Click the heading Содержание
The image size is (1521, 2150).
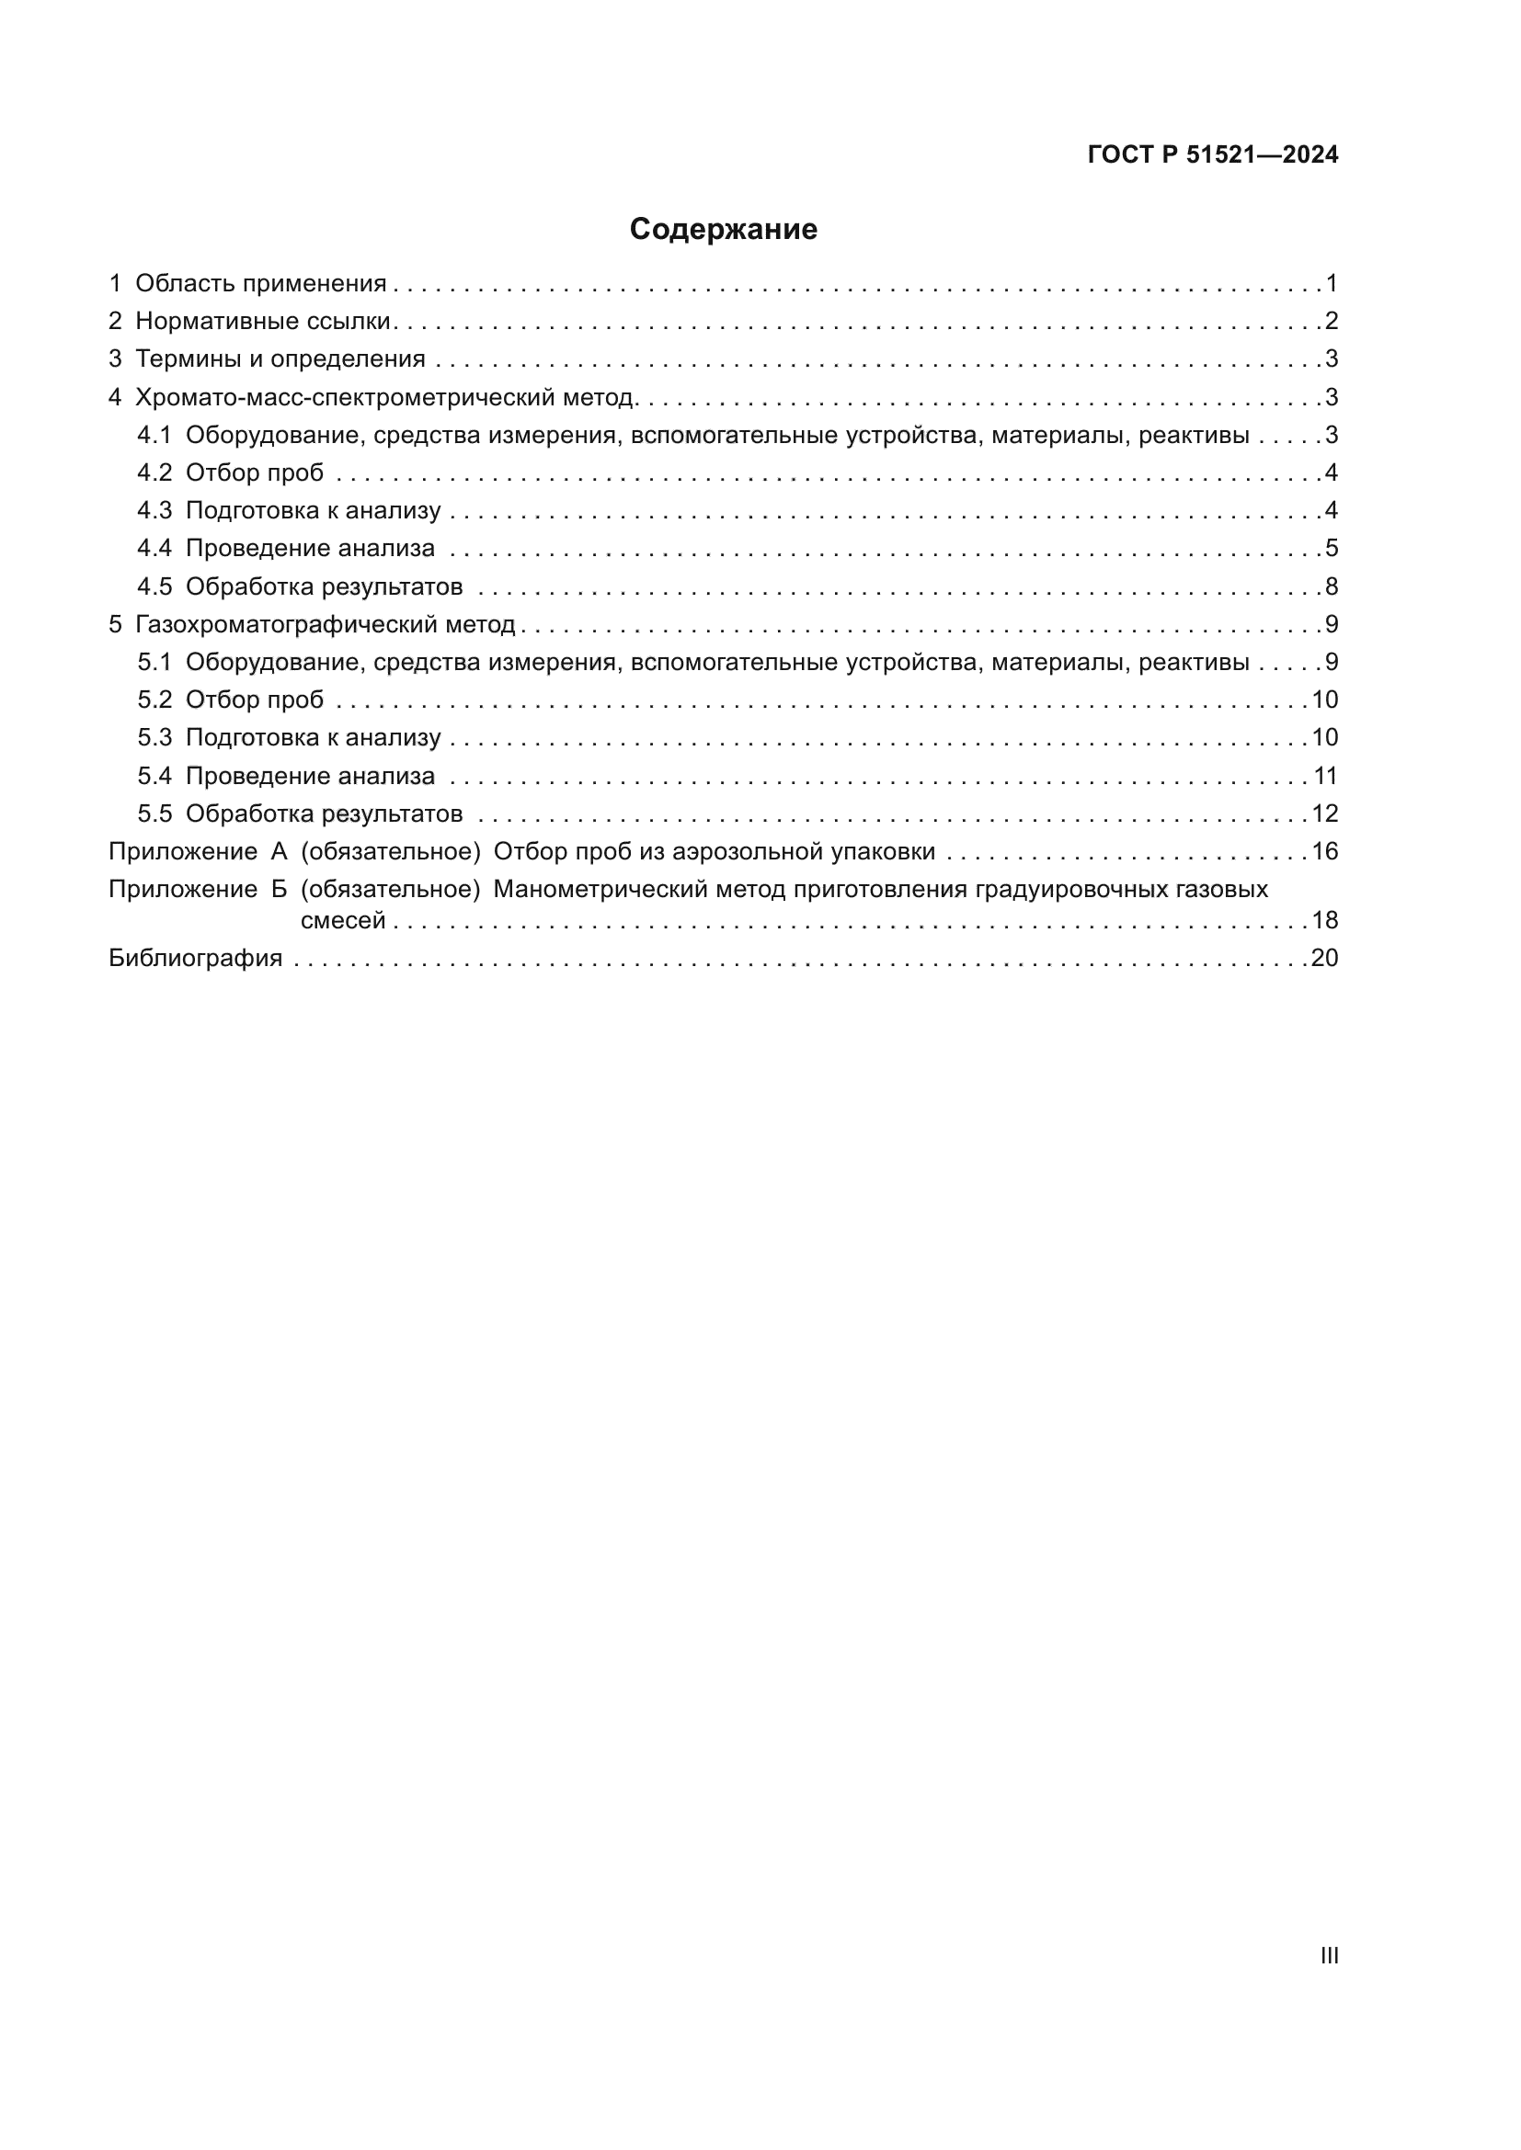(723, 230)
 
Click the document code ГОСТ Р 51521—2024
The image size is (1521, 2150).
(1213, 155)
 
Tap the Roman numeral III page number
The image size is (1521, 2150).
(1329, 1955)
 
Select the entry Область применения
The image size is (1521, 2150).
(260, 284)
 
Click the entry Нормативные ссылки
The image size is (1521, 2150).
(262, 321)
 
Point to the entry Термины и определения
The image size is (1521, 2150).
(280, 358)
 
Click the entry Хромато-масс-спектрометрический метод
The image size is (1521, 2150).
(386, 397)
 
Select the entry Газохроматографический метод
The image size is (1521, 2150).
(325, 624)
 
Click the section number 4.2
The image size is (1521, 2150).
(154, 472)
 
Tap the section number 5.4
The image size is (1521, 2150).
(154, 777)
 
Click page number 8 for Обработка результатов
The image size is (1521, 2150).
(1331, 587)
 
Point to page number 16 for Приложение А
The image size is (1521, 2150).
(1324, 851)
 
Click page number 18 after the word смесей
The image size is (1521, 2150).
(1324, 920)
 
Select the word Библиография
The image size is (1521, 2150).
(196, 958)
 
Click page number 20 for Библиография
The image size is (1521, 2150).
(1324, 958)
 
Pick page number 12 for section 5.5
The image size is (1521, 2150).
(1324, 813)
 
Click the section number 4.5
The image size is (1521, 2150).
(154, 587)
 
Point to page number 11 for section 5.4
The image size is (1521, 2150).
(1324, 777)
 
